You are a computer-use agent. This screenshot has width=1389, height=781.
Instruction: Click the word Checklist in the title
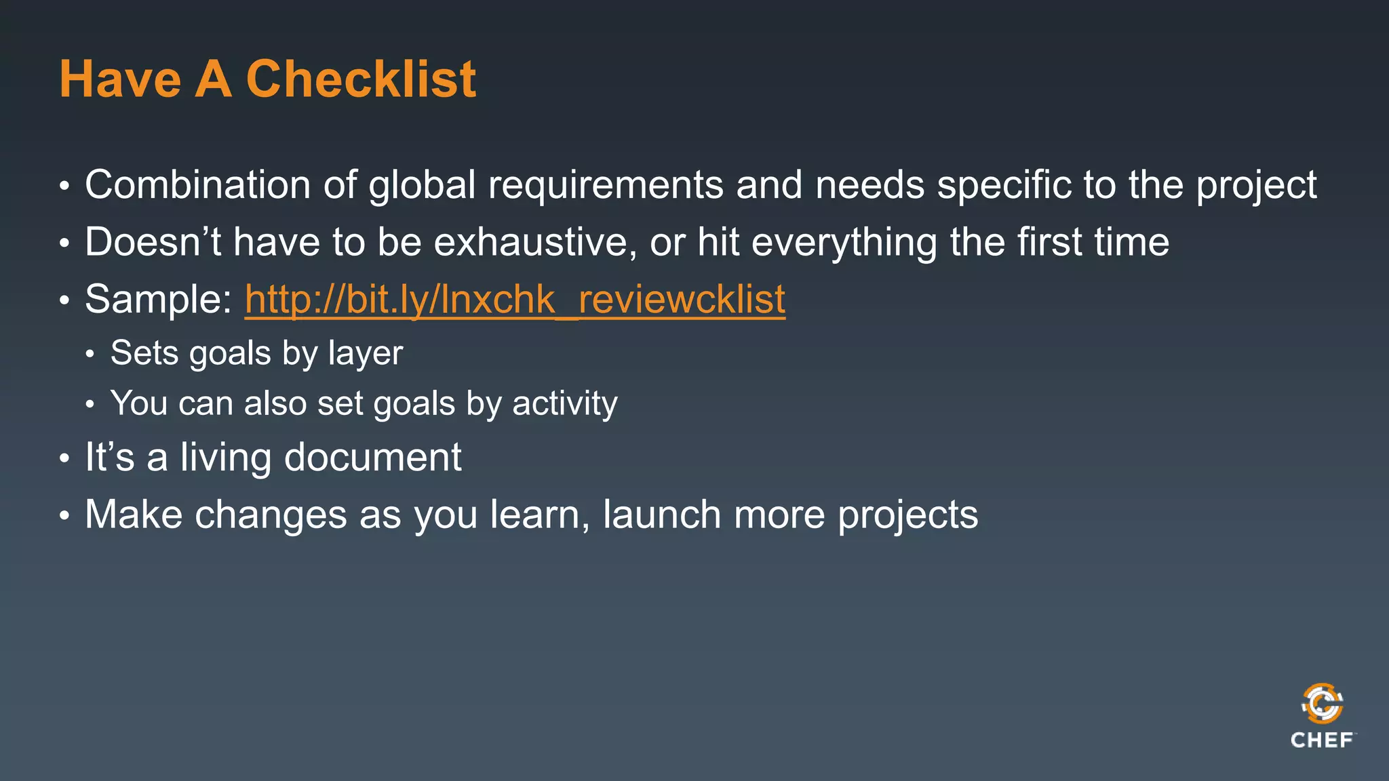[361, 79]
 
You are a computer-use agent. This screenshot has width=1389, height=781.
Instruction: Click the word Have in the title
[120, 79]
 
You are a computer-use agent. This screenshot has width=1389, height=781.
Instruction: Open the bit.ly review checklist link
[515, 299]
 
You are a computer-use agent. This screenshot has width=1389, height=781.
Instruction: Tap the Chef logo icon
[1322, 704]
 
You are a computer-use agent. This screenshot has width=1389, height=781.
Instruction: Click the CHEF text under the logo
[1322, 740]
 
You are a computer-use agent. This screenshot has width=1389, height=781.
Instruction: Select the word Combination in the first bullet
[197, 184]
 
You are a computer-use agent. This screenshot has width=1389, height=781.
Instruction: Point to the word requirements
[606, 184]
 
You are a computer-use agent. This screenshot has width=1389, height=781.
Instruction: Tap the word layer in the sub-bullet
[366, 354]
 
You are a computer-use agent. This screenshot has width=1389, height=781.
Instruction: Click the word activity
[565, 403]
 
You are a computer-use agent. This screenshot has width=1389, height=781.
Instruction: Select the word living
[226, 457]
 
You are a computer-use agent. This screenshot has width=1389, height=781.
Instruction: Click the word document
[372, 457]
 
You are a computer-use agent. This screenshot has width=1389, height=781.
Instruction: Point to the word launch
[661, 514]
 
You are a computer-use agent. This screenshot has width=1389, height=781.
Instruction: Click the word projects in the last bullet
[908, 515]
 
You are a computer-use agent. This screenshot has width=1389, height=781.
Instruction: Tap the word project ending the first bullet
[1256, 186]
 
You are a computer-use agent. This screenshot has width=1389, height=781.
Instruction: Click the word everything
[844, 243]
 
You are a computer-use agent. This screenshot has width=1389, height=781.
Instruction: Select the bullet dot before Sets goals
[90, 354]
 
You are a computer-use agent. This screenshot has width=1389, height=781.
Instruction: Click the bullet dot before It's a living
[64, 458]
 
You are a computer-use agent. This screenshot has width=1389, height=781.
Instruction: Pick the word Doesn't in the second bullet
[153, 242]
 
